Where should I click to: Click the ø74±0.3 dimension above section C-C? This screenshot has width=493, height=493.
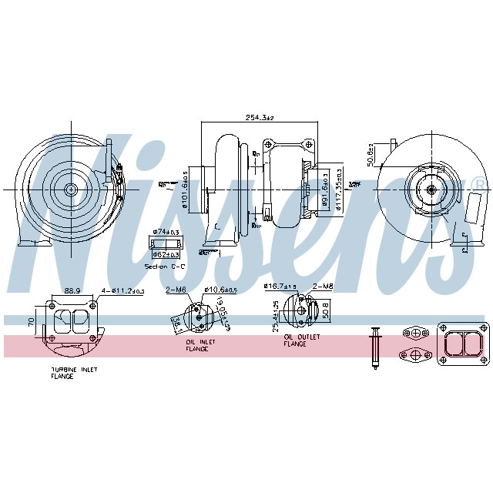(166, 232)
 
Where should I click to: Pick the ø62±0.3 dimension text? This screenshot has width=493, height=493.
(166, 254)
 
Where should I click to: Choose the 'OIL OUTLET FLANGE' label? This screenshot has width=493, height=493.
(300, 340)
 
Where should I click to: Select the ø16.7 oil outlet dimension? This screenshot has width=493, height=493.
(281, 286)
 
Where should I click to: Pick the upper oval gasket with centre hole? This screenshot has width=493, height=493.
(416, 333)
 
